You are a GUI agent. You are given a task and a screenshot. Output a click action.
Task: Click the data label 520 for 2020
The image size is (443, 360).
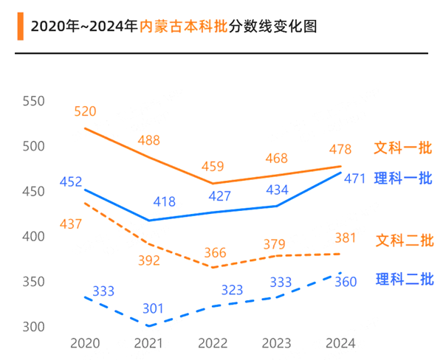[x=85, y=111]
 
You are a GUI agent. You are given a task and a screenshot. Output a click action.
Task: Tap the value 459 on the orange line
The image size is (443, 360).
[x=213, y=167]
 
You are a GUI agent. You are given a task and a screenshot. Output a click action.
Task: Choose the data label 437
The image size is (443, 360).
[x=71, y=224]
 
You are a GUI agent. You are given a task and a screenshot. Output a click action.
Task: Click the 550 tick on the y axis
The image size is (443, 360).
[x=34, y=102]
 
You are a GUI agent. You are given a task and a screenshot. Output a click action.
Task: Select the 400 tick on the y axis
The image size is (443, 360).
[x=34, y=237]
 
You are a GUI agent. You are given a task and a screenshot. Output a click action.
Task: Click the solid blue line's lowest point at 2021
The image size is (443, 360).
[x=150, y=221]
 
